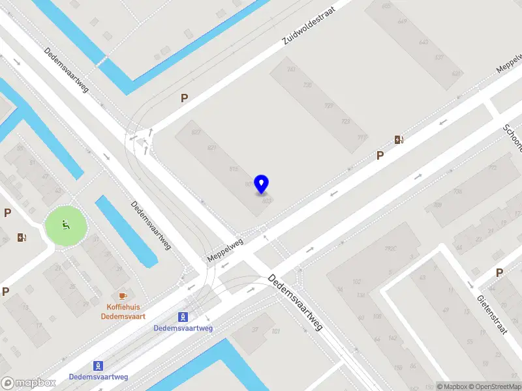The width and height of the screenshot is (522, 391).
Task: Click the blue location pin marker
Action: pyautogui.click(x=262, y=184)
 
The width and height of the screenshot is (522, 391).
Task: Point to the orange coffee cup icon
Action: pyautogui.click(x=123, y=296)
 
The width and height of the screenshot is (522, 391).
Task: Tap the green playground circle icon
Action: pyautogui.click(x=65, y=225)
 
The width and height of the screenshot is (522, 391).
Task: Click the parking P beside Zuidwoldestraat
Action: pyautogui.click(x=185, y=98)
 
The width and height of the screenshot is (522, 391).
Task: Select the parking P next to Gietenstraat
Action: pyautogui.click(x=499, y=272)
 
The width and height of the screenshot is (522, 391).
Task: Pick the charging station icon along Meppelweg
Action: pyautogui.click(x=398, y=139)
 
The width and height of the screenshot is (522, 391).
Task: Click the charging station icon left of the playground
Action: pyautogui.click(x=22, y=237)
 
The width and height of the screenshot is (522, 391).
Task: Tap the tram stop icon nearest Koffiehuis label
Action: pyautogui.click(x=183, y=317)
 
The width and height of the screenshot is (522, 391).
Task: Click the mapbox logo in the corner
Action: pyautogui.click(x=28, y=383)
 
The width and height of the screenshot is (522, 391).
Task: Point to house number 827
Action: pyautogui.click(x=196, y=132)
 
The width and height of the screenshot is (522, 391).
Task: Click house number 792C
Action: pyautogui.click(x=391, y=248)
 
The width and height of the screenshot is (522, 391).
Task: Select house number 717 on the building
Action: pyautogui.click(x=363, y=137)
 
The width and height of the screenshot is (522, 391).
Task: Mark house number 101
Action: pyautogui.click(x=276, y=332)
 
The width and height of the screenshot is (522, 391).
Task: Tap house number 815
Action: pyautogui.click(x=234, y=169)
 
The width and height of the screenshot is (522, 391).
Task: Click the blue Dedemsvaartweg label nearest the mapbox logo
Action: pyautogui.click(x=99, y=377)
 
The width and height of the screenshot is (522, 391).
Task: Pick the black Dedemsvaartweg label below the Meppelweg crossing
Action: pyautogui.click(x=296, y=302)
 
